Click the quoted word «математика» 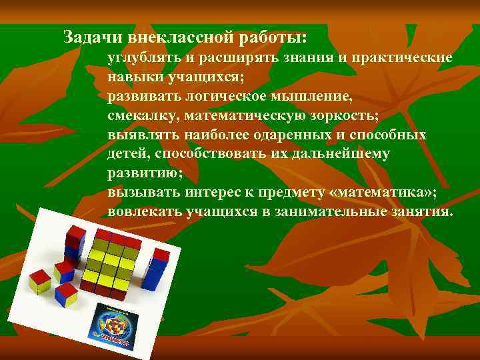pos(379,193)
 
